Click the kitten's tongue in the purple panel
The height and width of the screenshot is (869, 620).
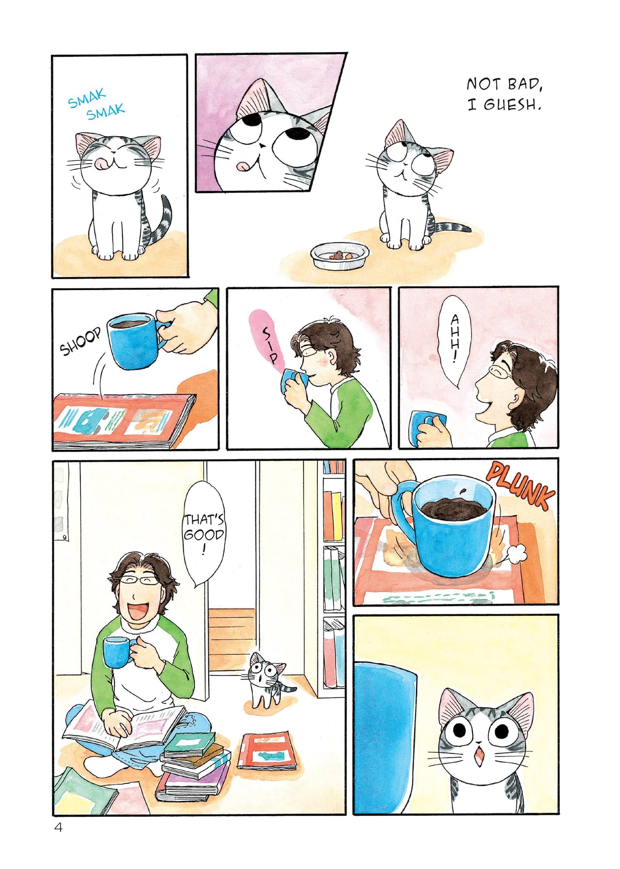(x=242, y=165)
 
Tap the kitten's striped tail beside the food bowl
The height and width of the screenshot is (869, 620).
(x=452, y=227)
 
